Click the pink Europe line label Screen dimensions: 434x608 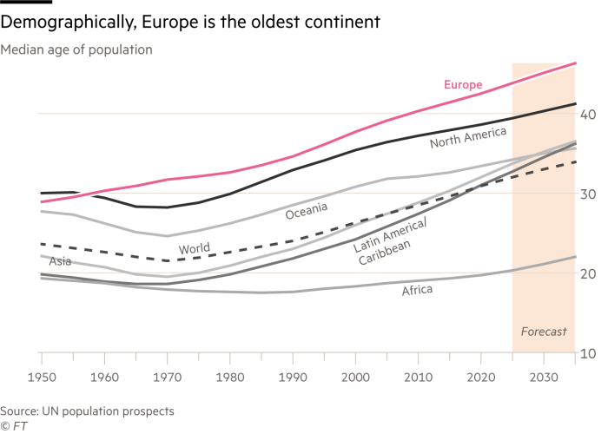coord(462,84)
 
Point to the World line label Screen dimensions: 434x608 coord(195,249)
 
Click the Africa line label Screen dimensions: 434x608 coord(417,290)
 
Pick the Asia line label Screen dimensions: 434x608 coord(60,260)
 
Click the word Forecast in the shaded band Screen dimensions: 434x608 coord(543,332)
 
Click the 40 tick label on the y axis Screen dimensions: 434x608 coord(587,115)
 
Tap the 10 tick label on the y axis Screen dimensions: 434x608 coord(587,354)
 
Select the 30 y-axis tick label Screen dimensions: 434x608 coord(587,194)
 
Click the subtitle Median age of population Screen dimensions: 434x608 coord(76,49)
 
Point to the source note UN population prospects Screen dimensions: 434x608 coord(88,409)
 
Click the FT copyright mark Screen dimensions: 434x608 coord(12,424)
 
